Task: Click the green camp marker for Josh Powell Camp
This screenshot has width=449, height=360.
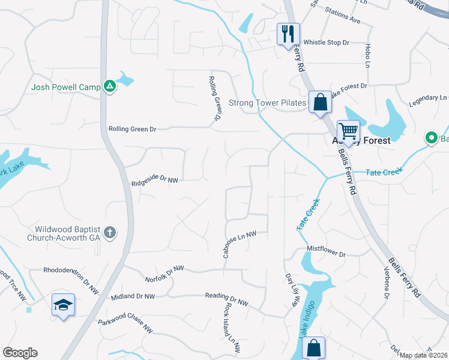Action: click(109, 87)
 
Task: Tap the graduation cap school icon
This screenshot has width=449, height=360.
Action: click(63, 305)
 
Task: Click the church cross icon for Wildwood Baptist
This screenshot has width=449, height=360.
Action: click(109, 232)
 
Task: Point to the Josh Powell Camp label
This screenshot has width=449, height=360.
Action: click(66, 88)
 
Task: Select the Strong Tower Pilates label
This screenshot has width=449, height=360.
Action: click(268, 103)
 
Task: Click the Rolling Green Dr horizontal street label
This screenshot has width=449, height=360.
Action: click(132, 129)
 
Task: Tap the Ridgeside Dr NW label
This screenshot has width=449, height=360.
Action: click(155, 181)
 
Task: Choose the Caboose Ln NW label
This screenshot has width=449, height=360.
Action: click(240, 244)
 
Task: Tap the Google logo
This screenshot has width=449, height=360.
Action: click(20, 353)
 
